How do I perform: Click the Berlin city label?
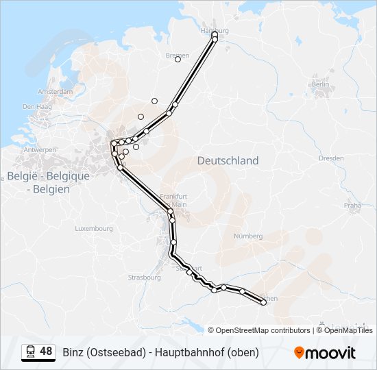pyautogui.click(x=320, y=84)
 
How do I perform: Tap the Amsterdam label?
pyautogui.click(x=56, y=91)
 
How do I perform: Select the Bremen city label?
pyautogui.click(x=177, y=56)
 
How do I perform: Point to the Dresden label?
pyautogui.click(x=331, y=158)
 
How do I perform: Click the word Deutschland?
pyautogui.click(x=228, y=160)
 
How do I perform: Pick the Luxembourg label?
pyautogui.click(x=94, y=228)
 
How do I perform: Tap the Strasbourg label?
pyautogui.click(x=144, y=277)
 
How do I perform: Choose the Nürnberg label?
pyautogui.click(x=248, y=236)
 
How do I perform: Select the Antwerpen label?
pyautogui.click(x=40, y=149)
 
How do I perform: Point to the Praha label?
pyautogui.click(x=352, y=204)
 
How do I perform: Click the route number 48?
pyautogui.click(x=46, y=351)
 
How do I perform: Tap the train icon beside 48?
pyautogui.click(x=30, y=351)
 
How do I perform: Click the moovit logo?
pyautogui.click(x=325, y=353)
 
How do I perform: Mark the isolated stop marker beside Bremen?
pyautogui.click(x=178, y=60)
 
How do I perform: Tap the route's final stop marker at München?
pyautogui.click(x=263, y=302)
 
